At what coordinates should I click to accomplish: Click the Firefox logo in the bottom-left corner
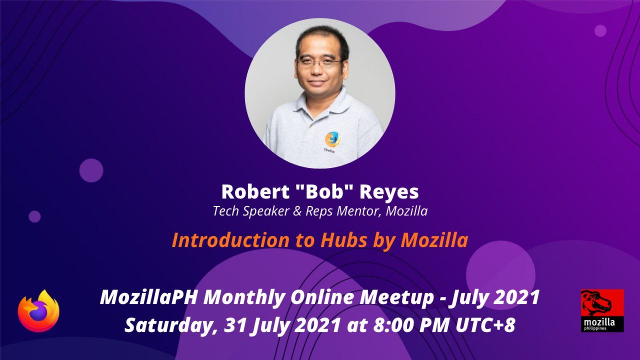[38, 311]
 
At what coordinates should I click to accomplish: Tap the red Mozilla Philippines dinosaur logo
[602, 310]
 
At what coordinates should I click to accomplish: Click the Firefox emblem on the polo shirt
[332, 139]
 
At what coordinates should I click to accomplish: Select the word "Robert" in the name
[255, 191]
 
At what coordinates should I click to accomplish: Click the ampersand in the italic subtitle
[297, 211]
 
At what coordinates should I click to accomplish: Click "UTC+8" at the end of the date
[485, 325]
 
